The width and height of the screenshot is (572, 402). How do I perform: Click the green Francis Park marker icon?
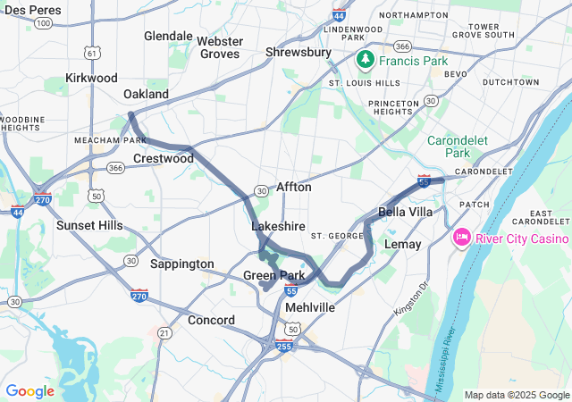(365, 61)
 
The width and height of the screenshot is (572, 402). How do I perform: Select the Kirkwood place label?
(91, 79)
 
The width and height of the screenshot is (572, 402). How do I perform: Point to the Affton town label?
(294, 187)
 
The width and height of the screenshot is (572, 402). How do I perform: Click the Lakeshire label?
(279, 227)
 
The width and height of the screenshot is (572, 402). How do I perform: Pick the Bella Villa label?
(406, 212)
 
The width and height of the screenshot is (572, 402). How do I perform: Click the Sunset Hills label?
(89, 225)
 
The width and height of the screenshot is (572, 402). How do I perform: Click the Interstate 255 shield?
(284, 346)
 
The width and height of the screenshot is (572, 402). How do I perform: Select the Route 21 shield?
(164, 332)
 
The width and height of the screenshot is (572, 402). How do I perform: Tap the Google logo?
(29, 391)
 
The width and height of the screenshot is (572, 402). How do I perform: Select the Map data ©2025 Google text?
(516, 395)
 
